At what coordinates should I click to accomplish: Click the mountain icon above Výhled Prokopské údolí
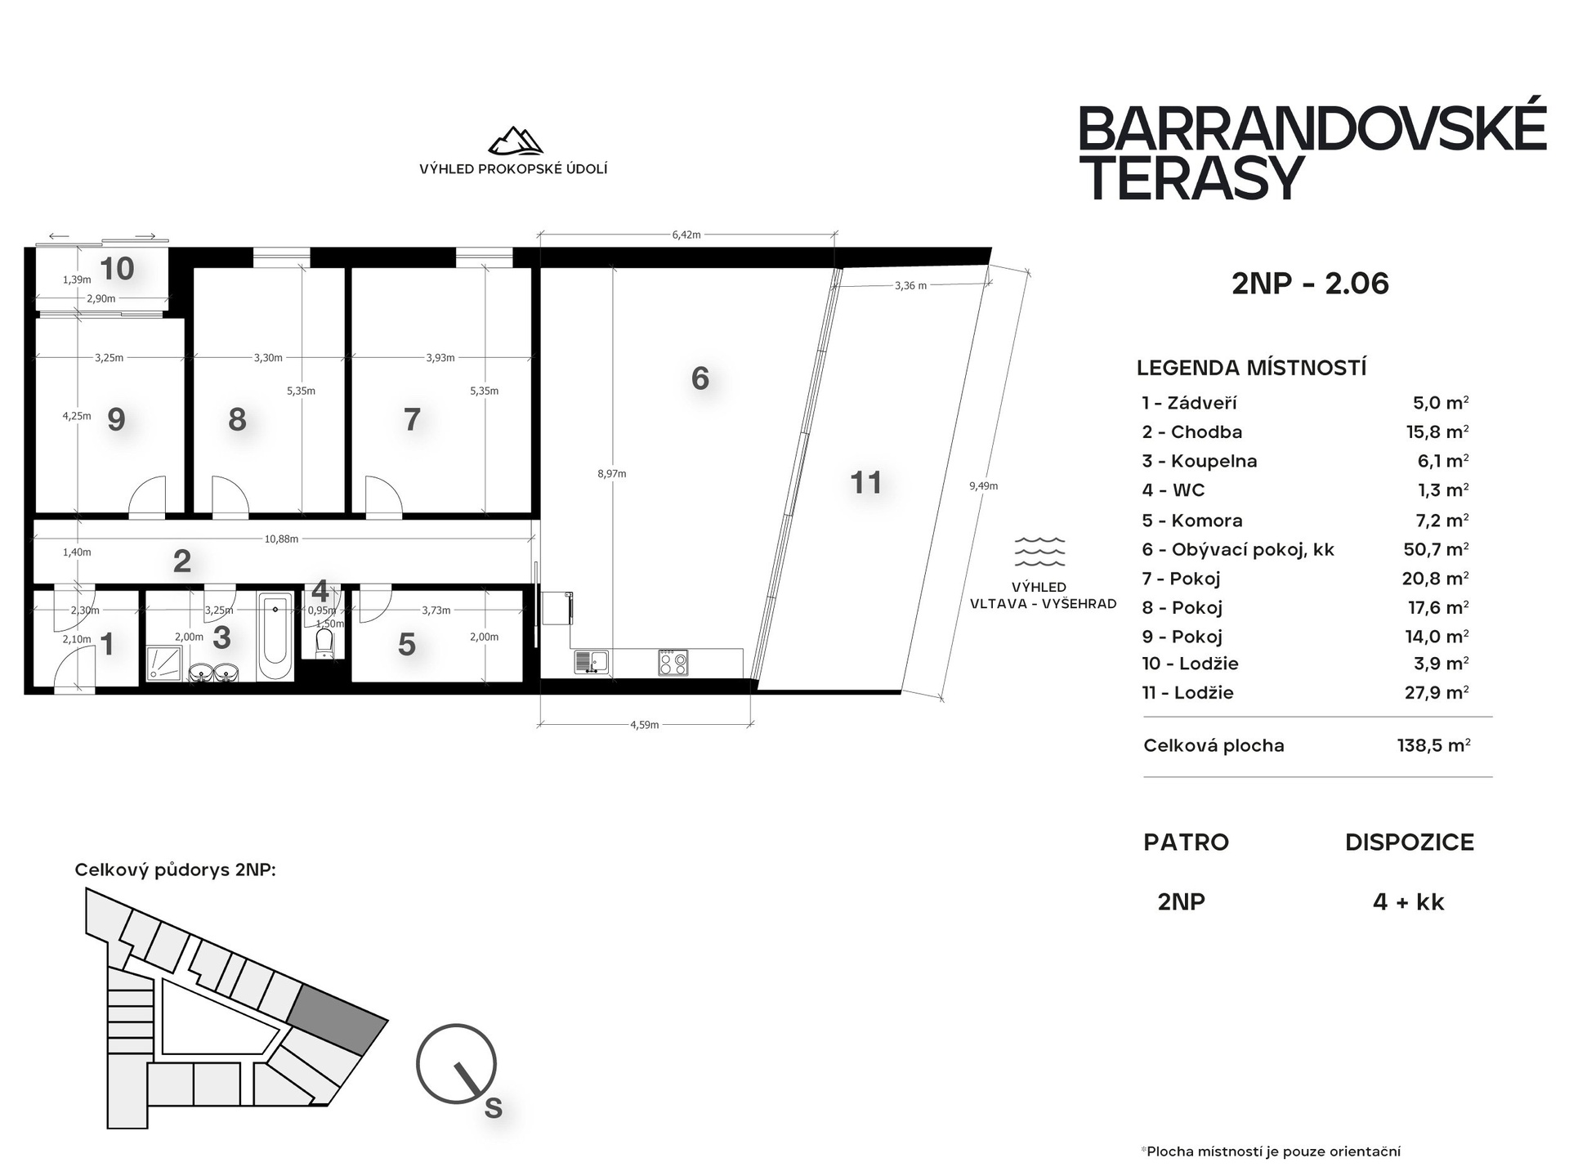coord(515,141)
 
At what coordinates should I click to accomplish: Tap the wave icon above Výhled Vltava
coord(1039,552)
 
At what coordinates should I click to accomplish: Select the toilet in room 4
coord(324,642)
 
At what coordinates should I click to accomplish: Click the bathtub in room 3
coord(275,637)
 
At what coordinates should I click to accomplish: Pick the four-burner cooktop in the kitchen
coord(673,662)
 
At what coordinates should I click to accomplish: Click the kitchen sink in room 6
coord(592,662)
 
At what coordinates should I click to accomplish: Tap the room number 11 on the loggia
coord(866,483)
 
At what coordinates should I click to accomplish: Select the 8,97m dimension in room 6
coord(611,473)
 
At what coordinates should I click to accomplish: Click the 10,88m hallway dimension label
coord(281,539)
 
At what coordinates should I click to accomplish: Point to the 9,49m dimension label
coord(983,485)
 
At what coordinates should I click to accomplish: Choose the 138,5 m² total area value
coord(1434,745)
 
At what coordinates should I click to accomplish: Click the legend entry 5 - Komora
coord(1192,521)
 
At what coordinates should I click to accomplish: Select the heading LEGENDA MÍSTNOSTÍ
coord(1251,368)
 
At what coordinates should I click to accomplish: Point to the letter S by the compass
coord(493,1107)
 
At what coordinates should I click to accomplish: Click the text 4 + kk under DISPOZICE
coord(1409,902)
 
